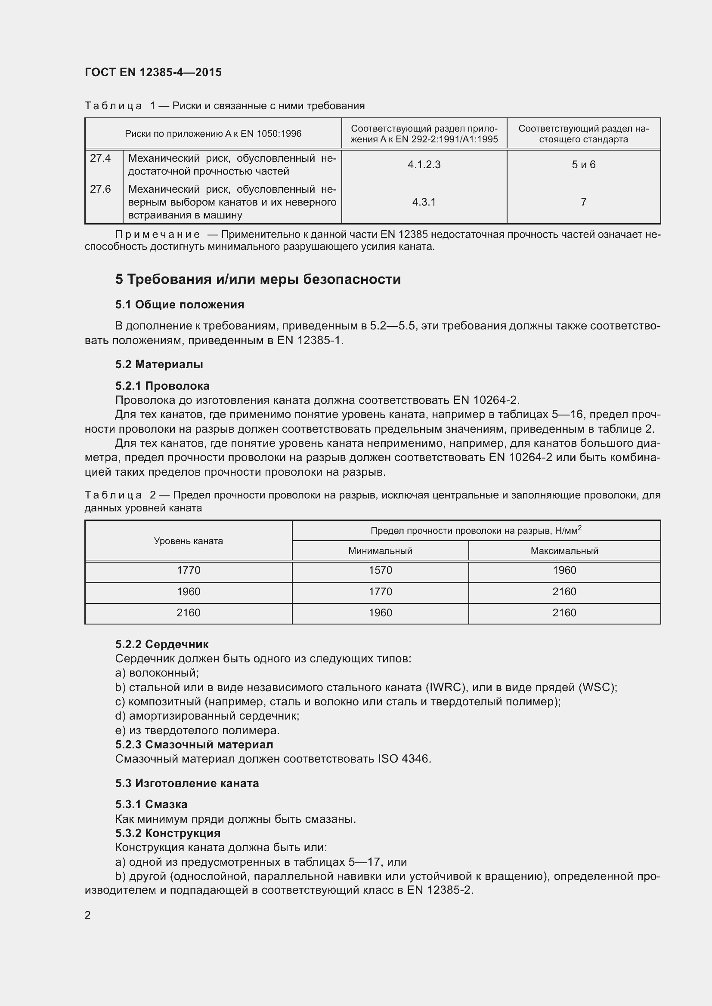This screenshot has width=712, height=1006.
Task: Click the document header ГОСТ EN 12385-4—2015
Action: coord(153,72)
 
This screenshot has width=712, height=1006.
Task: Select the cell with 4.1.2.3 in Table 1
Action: coord(424,165)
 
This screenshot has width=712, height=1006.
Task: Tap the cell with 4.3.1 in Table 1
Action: coord(424,202)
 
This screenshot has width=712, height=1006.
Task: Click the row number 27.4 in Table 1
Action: coord(100,158)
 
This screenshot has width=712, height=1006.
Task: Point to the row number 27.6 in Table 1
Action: coord(100,189)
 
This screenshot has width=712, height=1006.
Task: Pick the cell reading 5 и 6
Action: coord(583,165)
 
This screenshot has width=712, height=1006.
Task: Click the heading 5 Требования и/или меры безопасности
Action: coord(258,279)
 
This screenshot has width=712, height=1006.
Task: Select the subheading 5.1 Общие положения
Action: coord(180,305)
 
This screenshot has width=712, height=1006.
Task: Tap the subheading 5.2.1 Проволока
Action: coord(162,386)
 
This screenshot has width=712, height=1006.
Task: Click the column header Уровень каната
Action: coord(188,541)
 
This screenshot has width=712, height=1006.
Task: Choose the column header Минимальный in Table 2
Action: coord(380,551)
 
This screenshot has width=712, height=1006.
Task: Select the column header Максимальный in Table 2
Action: coord(564,551)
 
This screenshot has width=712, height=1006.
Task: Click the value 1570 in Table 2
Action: coord(380,570)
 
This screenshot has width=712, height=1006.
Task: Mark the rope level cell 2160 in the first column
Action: coord(188,613)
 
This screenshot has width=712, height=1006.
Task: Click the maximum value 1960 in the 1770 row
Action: coord(564,570)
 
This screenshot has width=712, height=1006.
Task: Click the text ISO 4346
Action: coord(404,759)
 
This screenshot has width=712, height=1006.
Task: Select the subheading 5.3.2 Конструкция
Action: coord(168,833)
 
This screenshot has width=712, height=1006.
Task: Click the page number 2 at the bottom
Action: coord(88,915)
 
